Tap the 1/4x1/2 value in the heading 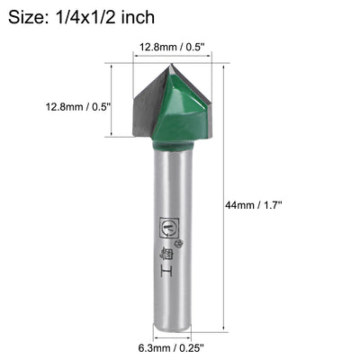click(98, 16)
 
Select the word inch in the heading click(158, 16)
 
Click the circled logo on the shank click(166, 227)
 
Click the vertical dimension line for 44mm click(220, 198)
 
